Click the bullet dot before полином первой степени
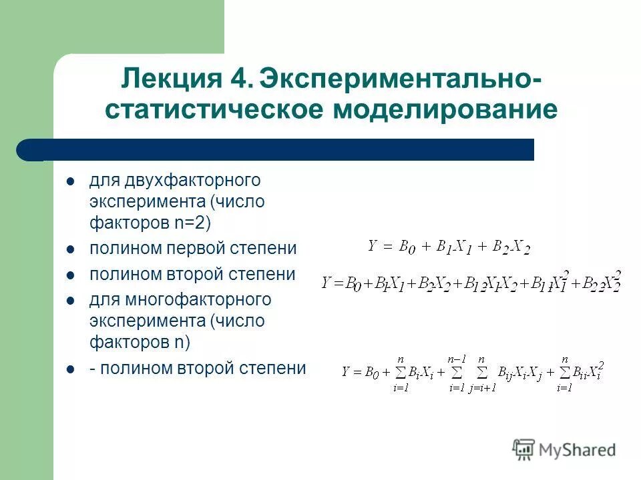point(70,249)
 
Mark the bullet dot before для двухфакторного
point(70,181)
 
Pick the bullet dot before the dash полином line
point(70,369)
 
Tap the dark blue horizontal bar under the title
point(280,150)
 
